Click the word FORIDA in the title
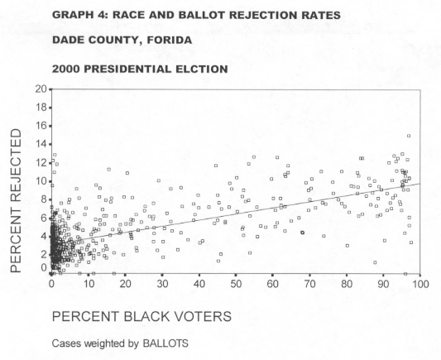pyautogui.click(x=170, y=41)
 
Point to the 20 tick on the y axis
pyautogui.click(x=41, y=89)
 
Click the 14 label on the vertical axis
pyautogui.click(x=41, y=144)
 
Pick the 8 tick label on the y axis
pyautogui.click(x=44, y=199)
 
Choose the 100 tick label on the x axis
pyautogui.click(x=420, y=284)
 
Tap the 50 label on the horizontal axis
pyautogui.click(x=236, y=284)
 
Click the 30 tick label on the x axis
pyautogui.click(x=162, y=284)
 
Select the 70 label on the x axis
pyautogui.click(x=309, y=284)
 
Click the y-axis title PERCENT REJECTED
pyautogui.click(x=16, y=200)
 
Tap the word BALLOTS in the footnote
pyautogui.click(x=165, y=343)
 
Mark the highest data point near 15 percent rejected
pyautogui.click(x=409, y=136)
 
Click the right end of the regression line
pyautogui.click(x=420, y=184)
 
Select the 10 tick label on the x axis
pyautogui.click(x=89, y=284)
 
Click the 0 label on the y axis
pyautogui.click(x=44, y=268)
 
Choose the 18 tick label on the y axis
pyautogui.click(x=41, y=108)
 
